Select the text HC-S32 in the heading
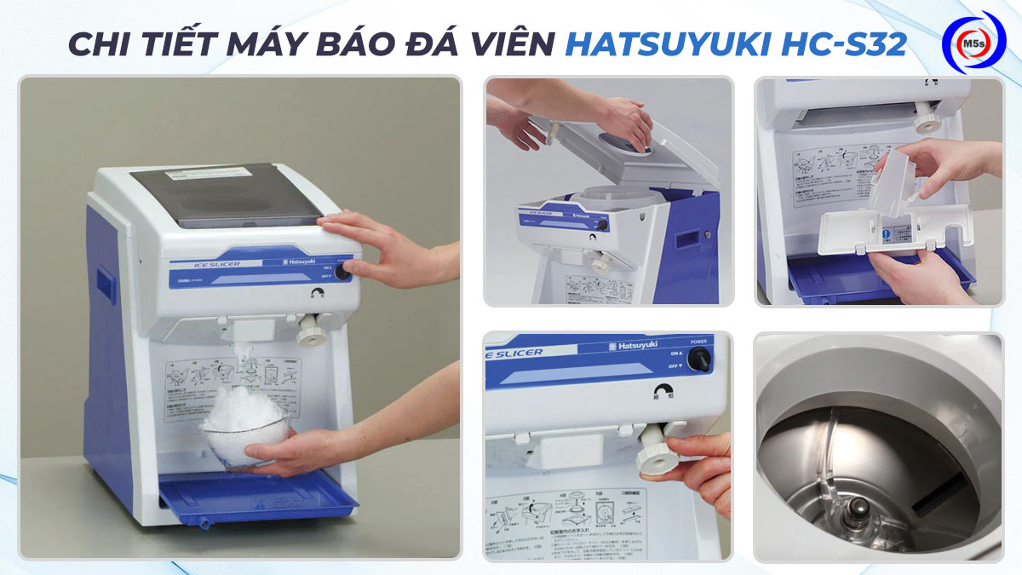click(x=845, y=44)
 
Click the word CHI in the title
click(x=101, y=44)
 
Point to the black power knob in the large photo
click(x=342, y=272)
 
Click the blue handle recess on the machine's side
click(x=105, y=281)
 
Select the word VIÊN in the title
click(x=510, y=44)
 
